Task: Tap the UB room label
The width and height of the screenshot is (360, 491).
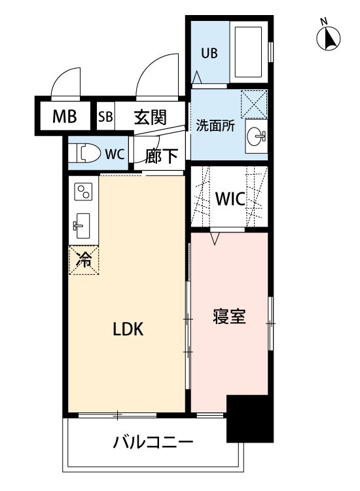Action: coord(209,54)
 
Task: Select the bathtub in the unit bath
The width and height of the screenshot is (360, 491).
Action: coord(248,52)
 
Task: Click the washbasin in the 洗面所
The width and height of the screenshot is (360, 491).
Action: coord(256,136)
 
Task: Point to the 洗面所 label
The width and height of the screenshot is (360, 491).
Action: coord(215,126)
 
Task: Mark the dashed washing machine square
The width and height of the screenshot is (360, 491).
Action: coord(254,104)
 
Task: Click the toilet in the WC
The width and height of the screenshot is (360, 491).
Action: coord(84,153)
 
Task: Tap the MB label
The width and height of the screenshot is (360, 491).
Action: coord(65,117)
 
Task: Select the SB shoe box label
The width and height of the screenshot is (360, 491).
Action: coord(105,117)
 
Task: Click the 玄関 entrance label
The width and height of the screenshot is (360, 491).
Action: coord(151,117)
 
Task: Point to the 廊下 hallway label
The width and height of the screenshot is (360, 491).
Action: coord(162,156)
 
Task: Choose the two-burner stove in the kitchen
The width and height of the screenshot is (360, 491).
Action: coord(84,192)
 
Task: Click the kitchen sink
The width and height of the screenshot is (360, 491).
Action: coord(81,225)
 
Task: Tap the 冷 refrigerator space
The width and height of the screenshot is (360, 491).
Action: coord(84,260)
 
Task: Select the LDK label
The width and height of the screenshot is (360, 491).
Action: coord(128,329)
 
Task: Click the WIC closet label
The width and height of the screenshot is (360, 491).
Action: coord(230,198)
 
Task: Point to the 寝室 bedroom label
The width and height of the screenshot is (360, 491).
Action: coord(230,316)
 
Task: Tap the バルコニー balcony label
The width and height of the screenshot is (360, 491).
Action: coord(153,443)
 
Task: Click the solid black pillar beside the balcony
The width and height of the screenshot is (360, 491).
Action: coord(250,419)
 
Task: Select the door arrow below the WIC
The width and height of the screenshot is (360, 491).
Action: coord(215,238)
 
